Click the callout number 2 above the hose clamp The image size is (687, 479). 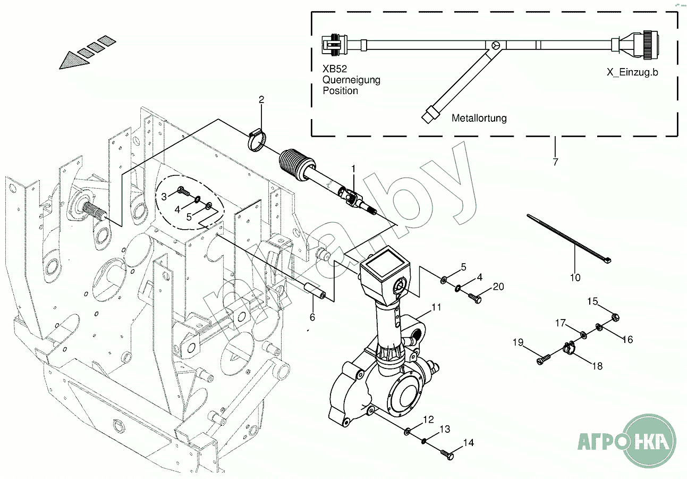click(261, 99)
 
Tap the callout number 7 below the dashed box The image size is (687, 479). click(555, 162)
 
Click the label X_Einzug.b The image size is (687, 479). click(632, 72)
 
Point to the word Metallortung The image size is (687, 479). click(479, 118)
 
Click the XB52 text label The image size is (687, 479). click(334, 69)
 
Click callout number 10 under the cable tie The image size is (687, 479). click(575, 277)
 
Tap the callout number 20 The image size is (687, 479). click(498, 287)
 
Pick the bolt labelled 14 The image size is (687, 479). click(447, 455)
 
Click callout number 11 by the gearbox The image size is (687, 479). click(436, 307)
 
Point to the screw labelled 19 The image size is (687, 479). click(543, 360)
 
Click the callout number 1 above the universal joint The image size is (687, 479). click(354, 169)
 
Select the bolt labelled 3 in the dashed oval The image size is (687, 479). click(182, 190)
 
